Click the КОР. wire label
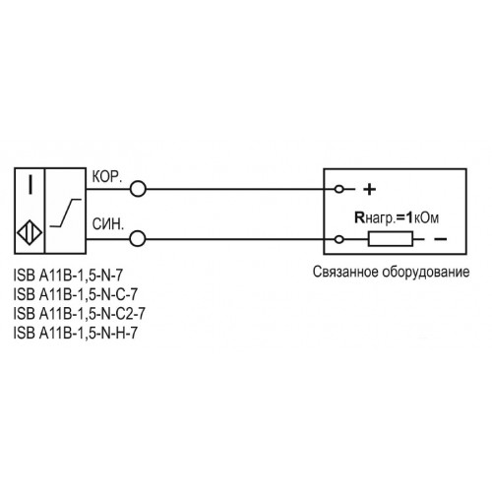pyautogui.click(x=107, y=177)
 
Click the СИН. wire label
pyautogui.click(x=108, y=224)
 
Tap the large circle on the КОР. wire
pyautogui.click(x=138, y=189)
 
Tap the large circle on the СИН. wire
pyautogui.click(x=138, y=239)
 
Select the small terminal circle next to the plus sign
pyautogui.click(x=339, y=189)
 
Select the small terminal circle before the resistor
pyautogui.click(x=339, y=239)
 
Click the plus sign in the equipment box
pyautogui.click(x=369, y=189)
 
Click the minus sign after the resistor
pyautogui.click(x=440, y=239)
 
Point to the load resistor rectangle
pyautogui.click(x=391, y=239)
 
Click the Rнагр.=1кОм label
pyautogui.click(x=397, y=217)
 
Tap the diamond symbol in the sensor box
pyautogui.click(x=30, y=233)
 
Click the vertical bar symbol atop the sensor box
pyautogui.click(x=31, y=185)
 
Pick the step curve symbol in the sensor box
pyautogui.click(x=65, y=213)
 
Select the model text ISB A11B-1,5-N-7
pyautogui.click(x=68, y=276)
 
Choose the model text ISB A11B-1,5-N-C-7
pyautogui.click(x=76, y=294)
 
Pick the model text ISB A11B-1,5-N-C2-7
pyautogui.click(x=79, y=314)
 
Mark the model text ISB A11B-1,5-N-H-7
pyautogui.click(x=76, y=333)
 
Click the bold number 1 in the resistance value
pyautogui.click(x=409, y=217)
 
